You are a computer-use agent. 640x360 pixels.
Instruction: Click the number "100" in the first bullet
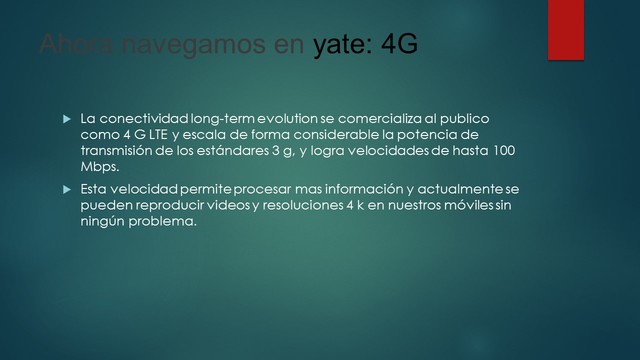click(x=507, y=150)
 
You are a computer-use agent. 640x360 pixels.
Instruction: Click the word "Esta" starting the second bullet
click(x=96, y=189)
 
